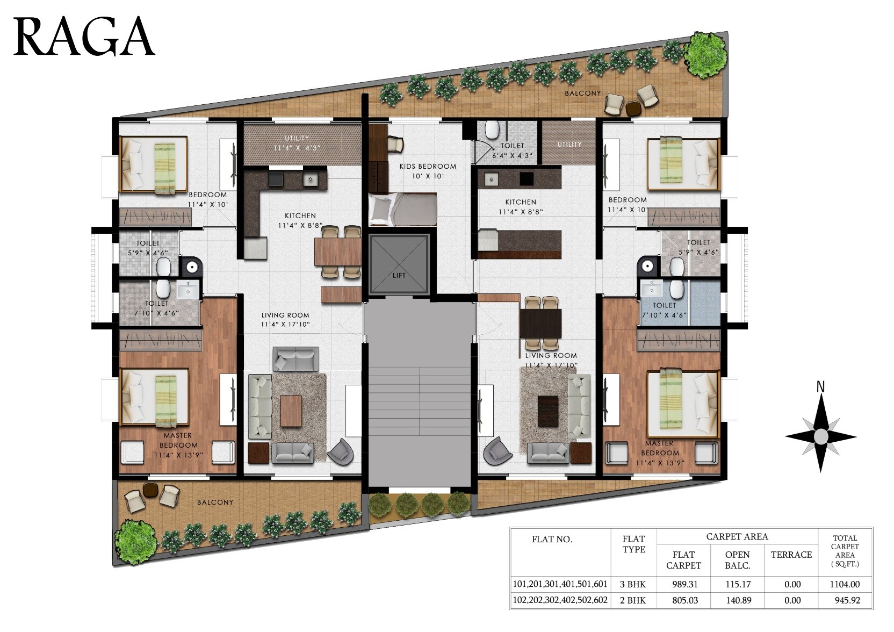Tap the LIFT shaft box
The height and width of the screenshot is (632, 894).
point(399,264)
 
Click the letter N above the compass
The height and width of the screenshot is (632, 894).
point(820,386)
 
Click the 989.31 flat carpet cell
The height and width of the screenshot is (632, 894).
point(683,584)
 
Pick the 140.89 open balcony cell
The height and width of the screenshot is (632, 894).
point(737,600)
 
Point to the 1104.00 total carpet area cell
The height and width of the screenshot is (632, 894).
point(845,584)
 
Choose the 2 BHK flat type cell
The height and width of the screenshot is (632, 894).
point(633,600)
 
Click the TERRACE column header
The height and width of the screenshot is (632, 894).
point(791,555)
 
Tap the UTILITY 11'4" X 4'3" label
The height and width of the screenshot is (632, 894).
point(297,143)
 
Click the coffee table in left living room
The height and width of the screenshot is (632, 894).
point(291,411)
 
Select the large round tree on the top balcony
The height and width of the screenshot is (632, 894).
point(707,54)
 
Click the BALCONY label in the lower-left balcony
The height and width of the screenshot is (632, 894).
point(215,502)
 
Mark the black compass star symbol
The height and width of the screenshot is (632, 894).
point(820,435)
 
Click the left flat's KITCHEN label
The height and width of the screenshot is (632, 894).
point(300,220)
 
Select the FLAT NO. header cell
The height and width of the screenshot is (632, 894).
point(552,539)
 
